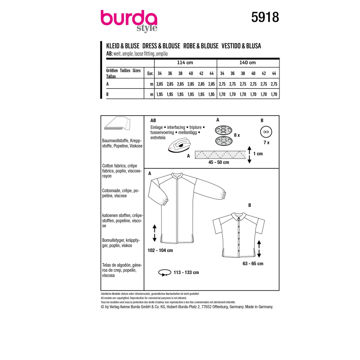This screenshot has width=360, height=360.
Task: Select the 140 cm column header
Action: [x=248, y=63]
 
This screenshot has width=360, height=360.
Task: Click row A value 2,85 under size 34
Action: [x=159, y=84]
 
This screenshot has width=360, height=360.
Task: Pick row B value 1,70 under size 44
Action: [x=275, y=94]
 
